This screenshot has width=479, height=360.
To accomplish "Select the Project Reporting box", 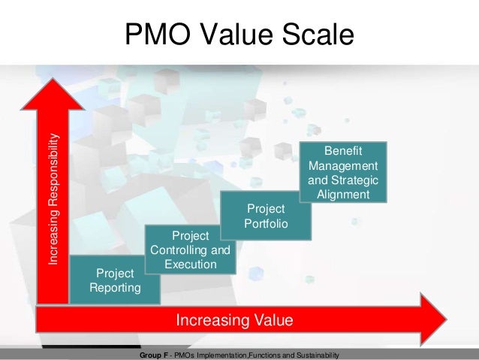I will (x=115, y=279).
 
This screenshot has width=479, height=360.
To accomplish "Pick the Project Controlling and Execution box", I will (x=190, y=250).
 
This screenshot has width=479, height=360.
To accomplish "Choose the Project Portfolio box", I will (x=266, y=216).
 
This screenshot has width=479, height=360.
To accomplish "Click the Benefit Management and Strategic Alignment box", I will (x=343, y=171).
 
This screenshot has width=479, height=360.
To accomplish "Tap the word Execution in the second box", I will (x=191, y=265).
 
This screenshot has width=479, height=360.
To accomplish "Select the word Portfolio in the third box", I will (x=266, y=223).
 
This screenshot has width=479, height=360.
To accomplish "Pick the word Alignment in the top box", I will (x=343, y=194).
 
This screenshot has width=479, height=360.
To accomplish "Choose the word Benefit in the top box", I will (x=343, y=150).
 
